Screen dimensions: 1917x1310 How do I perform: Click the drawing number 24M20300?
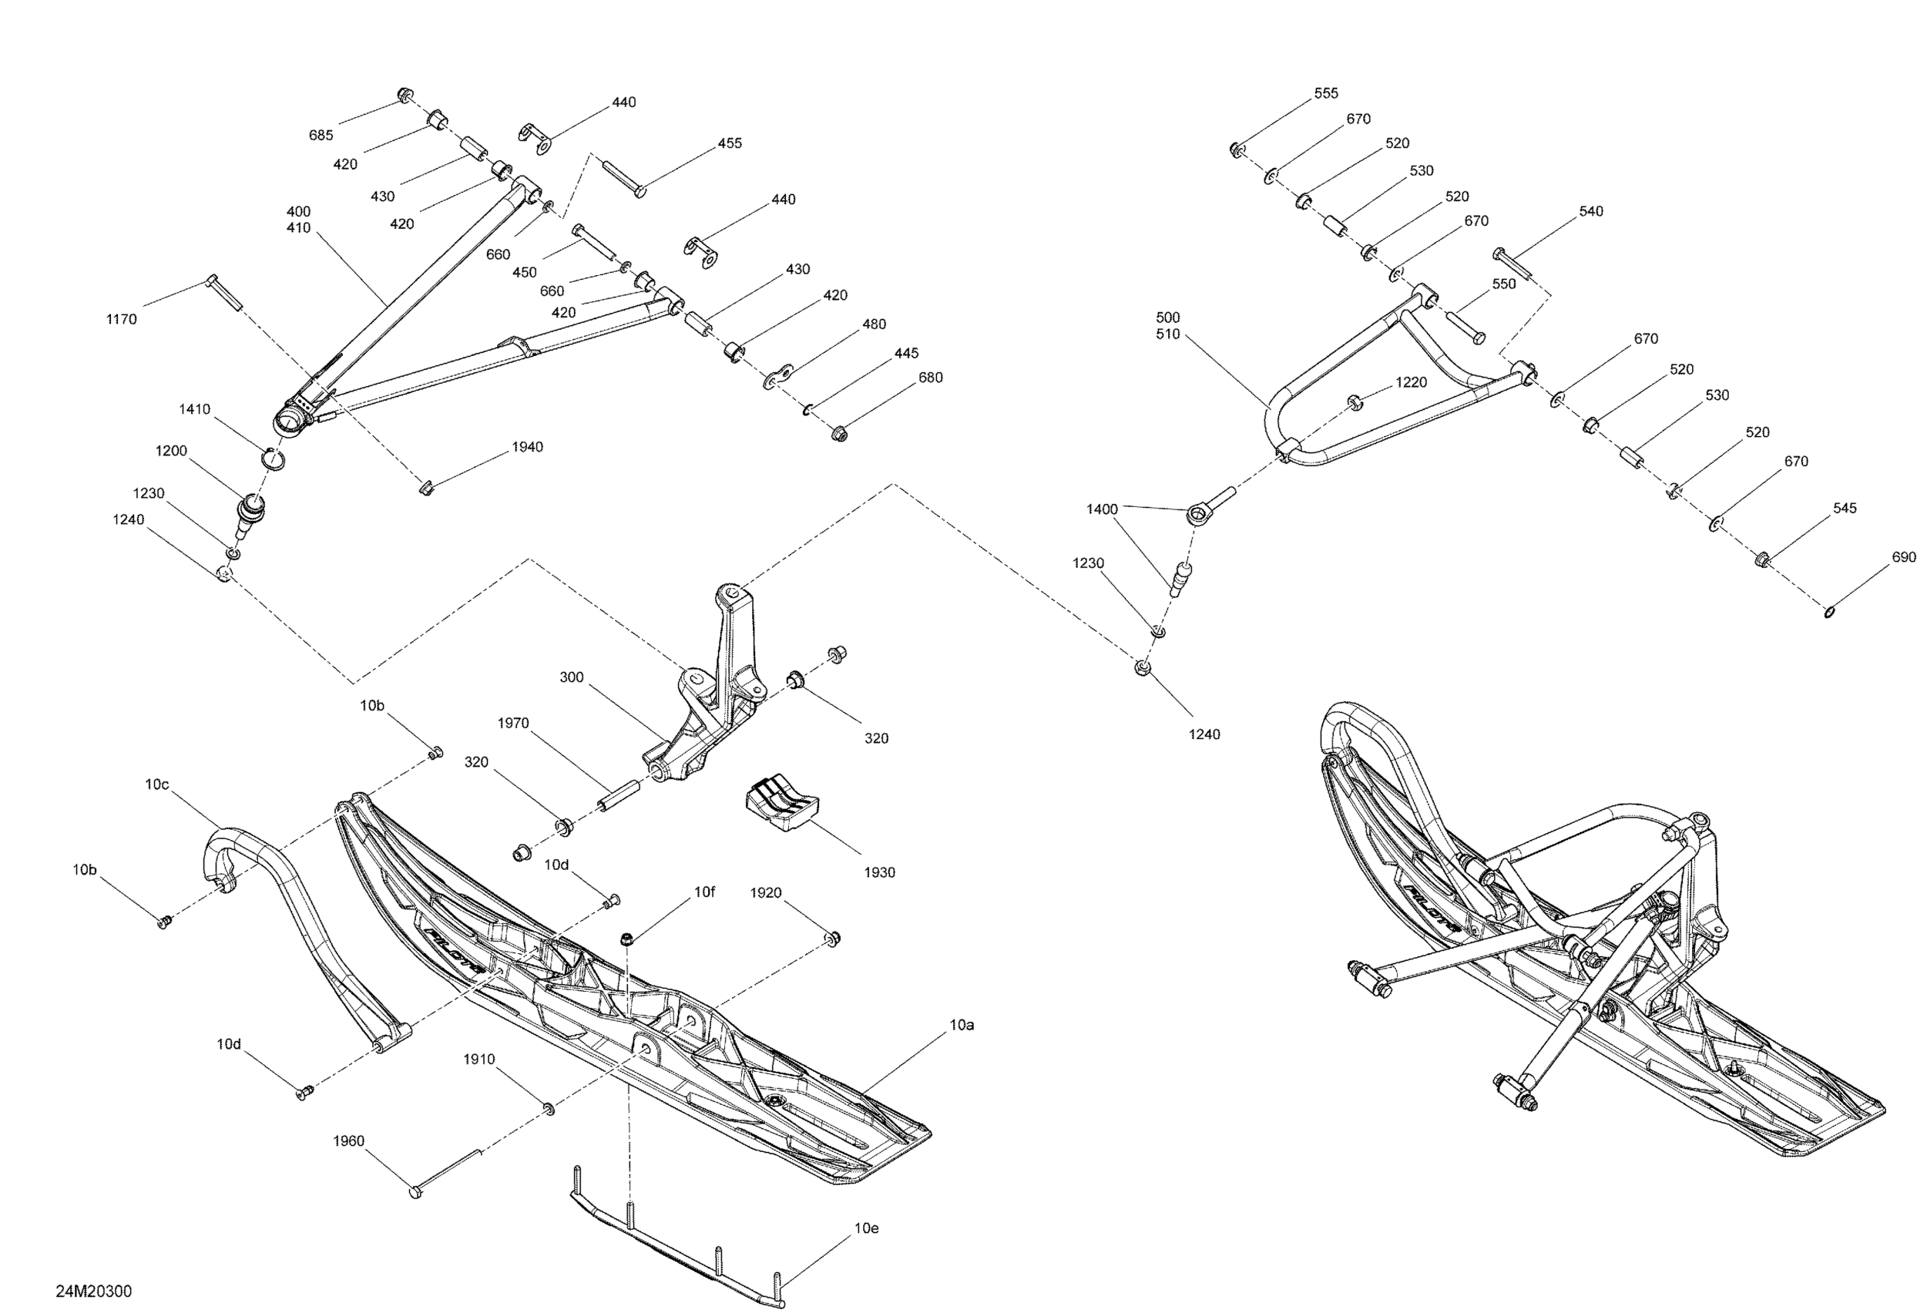[x=93, y=1291]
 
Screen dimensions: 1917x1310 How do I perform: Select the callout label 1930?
[x=879, y=872]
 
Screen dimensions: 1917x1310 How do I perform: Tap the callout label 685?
[x=321, y=136]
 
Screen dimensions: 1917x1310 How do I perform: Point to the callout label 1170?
[x=121, y=319]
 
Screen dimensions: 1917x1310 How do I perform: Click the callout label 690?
[x=1904, y=557]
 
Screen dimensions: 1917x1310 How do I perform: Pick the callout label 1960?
[x=348, y=1141]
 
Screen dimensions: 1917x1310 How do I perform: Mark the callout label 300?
[x=572, y=677]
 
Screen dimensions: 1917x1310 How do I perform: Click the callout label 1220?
[x=1412, y=382]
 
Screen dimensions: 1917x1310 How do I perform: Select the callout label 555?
[x=1325, y=93]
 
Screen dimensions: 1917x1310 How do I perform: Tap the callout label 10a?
[x=962, y=1025]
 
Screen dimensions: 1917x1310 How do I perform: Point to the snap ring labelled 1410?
[x=274, y=457]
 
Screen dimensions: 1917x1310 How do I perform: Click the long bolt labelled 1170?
[x=223, y=293]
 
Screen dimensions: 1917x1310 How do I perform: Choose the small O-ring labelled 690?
[x=1828, y=611]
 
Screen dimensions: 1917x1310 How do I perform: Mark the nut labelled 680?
[x=840, y=432]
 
